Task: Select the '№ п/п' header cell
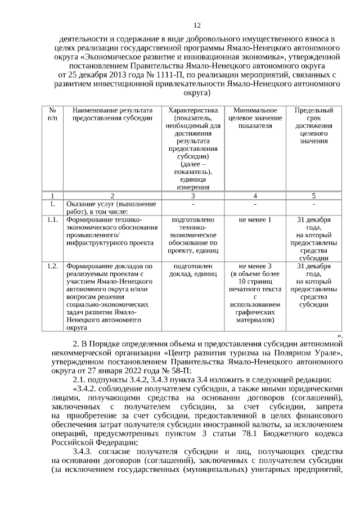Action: click(x=52, y=114)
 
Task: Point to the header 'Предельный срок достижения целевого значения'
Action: click(x=313, y=125)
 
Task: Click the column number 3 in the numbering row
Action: click(x=193, y=196)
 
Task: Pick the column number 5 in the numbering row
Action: click(x=313, y=196)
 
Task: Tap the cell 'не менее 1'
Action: click(x=255, y=219)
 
